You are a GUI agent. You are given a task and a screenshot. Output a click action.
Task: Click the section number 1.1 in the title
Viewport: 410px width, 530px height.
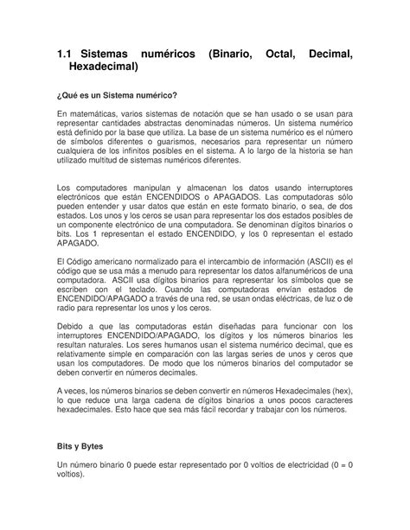tap(65, 56)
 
